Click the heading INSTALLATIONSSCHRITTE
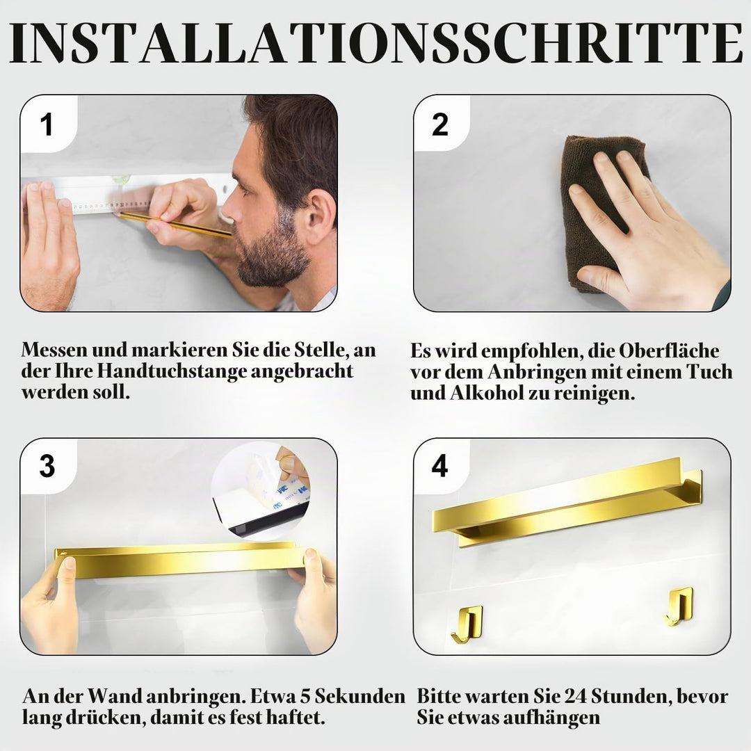click(x=375, y=42)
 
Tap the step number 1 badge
click(x=47, y=124)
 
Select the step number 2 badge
click(x=440, y=124)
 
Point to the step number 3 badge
click(x=47, y=465)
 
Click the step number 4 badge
click(x=440, y=465)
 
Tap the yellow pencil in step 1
click(x=175, y=225)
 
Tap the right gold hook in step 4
click(x=679, y=606)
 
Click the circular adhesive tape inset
click(x=261, y=491)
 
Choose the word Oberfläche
click(x=669, y=350)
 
